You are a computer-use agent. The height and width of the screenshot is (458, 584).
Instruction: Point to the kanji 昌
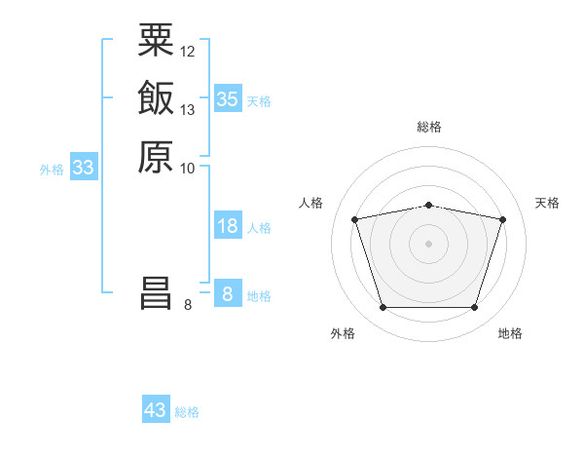click(156, 294)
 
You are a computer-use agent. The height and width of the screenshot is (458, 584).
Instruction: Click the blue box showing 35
click(227, 98)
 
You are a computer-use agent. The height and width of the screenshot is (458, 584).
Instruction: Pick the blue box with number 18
click(227, 226)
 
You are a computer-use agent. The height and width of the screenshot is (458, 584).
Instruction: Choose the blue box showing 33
click(84, 168)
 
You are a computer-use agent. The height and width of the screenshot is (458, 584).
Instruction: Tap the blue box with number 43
click(156, 410)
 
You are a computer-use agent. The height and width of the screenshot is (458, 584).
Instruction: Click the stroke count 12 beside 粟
click(188, 51)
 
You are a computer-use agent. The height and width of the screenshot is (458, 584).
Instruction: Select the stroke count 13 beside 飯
click(188, 110)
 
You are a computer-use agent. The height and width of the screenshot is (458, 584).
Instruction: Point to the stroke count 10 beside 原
click(188, 169)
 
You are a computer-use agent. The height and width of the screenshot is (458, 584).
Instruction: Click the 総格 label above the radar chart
click(428, 127)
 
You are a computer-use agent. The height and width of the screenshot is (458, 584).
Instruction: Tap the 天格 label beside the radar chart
click(547, 203)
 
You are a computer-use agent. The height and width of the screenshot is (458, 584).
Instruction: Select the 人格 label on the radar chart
click(311, 203)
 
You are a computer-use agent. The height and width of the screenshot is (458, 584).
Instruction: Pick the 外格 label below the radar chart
click(343, 333)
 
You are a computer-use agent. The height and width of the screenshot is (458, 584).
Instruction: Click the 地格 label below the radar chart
click(510, 333)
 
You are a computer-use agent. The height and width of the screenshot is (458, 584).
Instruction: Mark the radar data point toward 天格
click(502, 219)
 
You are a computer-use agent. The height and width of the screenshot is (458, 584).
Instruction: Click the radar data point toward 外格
click(383, 308)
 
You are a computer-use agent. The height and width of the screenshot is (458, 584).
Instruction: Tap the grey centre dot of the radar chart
click(428, 244)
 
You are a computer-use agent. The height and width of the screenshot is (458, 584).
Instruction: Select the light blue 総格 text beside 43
click(188, 412)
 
